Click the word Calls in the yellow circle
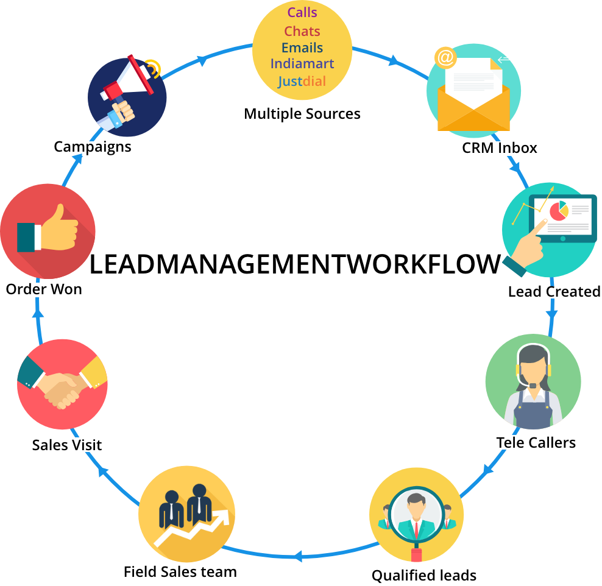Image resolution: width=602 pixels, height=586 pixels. pyautogui.click(x=302, y=12)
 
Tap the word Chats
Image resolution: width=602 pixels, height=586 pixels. pyautogui.click(x=302, y=31)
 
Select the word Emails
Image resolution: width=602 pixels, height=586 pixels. pyautogui.click(x=302, y=48)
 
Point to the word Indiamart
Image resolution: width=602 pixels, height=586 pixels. pyautogui.click(x=302, y=63)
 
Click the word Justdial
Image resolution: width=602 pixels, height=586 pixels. pyautogui.click(x=302, y=81)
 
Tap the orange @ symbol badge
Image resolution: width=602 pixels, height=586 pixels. pyautogui.click(x=445, y=58)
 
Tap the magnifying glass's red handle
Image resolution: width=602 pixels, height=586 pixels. pyautogui.click(x=416, y=554)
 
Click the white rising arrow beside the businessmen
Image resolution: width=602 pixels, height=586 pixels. pyautogui.click(x=195, y=528)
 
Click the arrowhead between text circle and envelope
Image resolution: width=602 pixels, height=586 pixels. pyautogui.click(x=394, y=60)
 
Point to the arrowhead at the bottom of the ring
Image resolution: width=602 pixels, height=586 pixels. pyautogui.click(x=297, y=556)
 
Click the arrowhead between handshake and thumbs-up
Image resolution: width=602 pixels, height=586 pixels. pyautogui.click(x=38, y=312)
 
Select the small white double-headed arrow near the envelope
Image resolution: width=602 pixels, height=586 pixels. pyautogui.click(x=508, y=58)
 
